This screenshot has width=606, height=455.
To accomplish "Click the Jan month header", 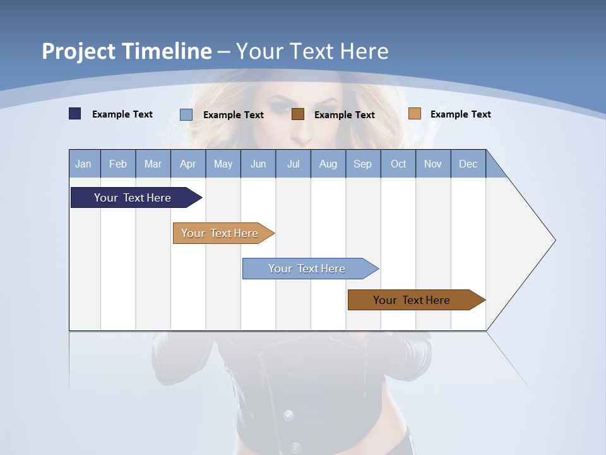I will (84, 164).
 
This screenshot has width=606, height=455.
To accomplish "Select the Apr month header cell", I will (188, 164).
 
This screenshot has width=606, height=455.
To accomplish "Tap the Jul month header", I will (293, 164).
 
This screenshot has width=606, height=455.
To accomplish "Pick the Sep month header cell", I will (363, 164).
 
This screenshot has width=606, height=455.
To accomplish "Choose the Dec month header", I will (468, 164).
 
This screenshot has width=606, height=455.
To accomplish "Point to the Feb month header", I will (118, 164).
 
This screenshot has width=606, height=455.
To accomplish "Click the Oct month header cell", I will (398, 164).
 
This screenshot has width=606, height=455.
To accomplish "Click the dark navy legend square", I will (75, 114).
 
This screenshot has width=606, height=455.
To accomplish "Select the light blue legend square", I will (186, 114).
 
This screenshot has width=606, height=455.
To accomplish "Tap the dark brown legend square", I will (298, 114).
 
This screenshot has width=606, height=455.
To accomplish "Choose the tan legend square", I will (415, 114).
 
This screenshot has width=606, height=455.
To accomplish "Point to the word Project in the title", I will (78, 51).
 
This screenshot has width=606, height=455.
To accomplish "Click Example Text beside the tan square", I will (460, 114).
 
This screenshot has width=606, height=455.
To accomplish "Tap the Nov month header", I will (433, 164).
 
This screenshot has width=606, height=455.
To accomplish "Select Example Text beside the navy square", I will (122, 114).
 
